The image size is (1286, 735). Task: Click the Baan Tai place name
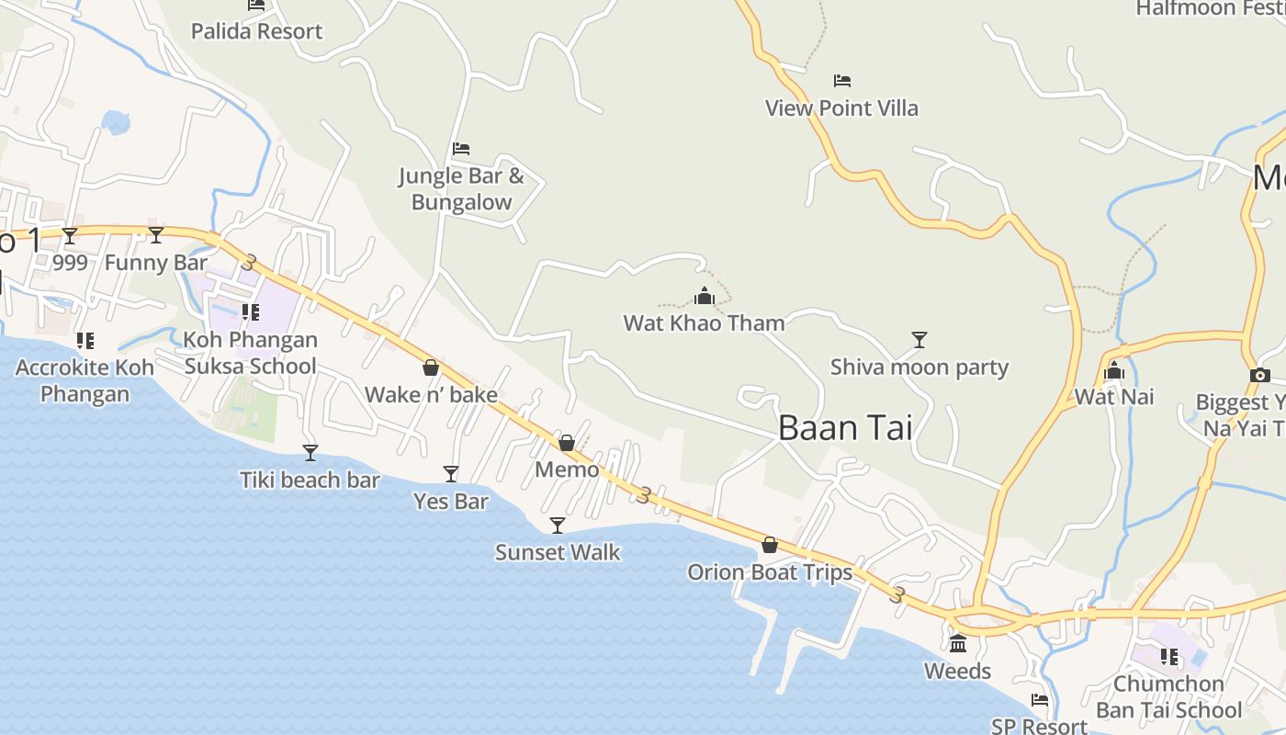(845, 428)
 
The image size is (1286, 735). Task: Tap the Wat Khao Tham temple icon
(705, 296)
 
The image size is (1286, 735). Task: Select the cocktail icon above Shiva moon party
(919, 340)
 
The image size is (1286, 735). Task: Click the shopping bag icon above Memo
(567, 443)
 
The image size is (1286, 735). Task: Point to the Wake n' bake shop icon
(430, 368)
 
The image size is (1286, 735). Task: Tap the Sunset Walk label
(558, 552)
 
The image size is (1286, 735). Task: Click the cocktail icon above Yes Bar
(451, 474)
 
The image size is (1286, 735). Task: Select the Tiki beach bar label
(310, 480)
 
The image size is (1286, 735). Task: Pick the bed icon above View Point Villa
(842, 81)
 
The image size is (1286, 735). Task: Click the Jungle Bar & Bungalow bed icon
(461, 149)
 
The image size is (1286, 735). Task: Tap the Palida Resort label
(256, 31)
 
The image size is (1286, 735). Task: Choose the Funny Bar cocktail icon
(156, 235)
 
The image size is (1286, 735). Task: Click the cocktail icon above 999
(70, 236)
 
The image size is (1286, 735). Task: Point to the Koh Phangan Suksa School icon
(250, 312)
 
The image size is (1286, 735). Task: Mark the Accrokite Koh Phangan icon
(85, 342)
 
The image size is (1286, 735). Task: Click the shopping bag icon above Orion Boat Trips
(770, 545)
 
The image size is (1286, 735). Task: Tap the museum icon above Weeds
(958, 643)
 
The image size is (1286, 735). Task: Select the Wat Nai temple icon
(1114, 371)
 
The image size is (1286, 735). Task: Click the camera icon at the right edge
(1260, 375)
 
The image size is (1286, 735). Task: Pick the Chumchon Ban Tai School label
(1168, 696)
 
